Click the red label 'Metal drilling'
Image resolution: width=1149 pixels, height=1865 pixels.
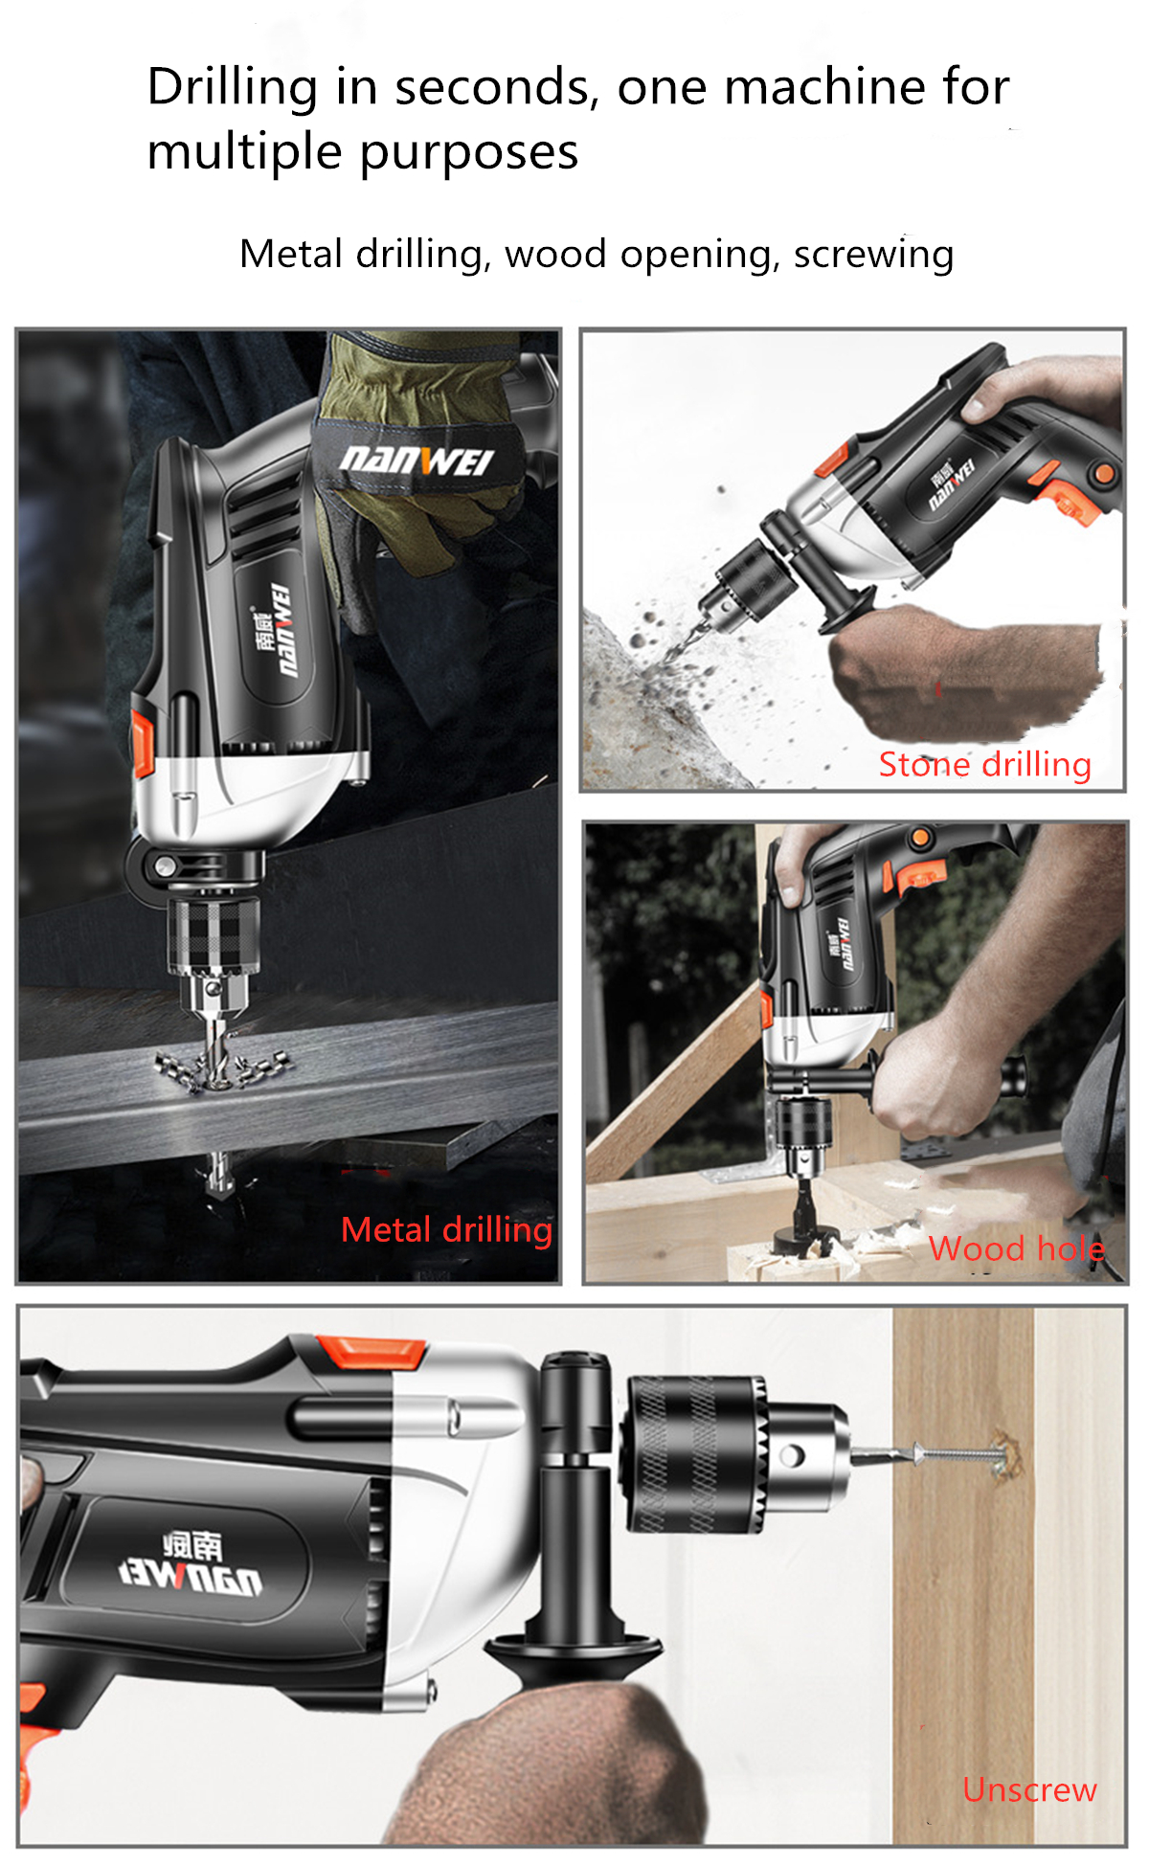[446, 1230]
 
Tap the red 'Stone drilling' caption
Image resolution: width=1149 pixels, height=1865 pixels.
[985, 764]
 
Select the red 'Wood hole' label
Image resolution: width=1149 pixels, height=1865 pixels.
[1017, 1248]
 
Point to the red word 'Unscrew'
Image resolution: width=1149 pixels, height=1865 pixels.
[1029, 1789]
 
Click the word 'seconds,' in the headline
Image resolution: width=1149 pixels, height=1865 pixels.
[497, 87]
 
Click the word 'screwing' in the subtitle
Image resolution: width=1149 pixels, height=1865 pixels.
[873, 256]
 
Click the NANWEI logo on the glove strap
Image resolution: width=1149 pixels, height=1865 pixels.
[417, 461]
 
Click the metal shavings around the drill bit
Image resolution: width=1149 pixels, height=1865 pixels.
[220, 1067]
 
